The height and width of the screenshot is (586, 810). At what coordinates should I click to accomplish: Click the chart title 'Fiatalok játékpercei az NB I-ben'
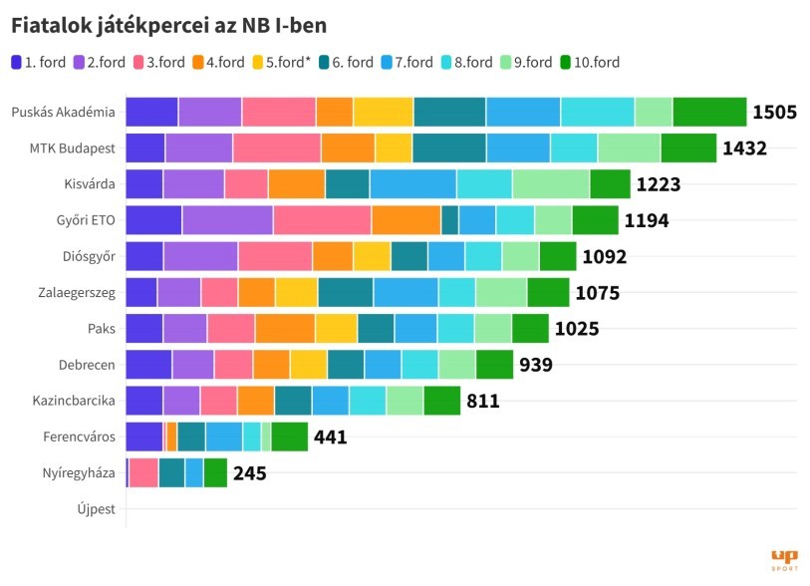168,23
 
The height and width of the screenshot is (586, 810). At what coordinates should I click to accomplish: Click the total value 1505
774,112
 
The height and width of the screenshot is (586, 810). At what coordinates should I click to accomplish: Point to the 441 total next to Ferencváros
330,437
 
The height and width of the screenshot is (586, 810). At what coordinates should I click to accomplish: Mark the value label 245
249,473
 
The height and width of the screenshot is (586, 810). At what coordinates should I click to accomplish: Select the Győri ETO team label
87,220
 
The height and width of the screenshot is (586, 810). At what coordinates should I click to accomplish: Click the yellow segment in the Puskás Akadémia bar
383,112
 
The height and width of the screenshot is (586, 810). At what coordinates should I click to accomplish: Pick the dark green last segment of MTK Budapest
688,147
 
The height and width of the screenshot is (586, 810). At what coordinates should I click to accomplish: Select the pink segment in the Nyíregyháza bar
143,472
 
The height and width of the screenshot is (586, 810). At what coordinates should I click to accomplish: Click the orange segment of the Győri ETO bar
405,220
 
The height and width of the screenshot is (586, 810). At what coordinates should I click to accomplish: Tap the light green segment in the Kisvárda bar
550,184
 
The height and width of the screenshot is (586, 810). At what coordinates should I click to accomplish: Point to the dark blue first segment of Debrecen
148,365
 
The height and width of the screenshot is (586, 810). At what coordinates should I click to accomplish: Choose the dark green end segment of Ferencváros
289,437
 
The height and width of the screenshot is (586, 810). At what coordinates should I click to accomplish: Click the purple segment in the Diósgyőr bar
200,256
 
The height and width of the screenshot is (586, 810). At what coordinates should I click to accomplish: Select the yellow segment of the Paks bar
336,328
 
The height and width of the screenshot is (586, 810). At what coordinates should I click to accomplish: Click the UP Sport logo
784,559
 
